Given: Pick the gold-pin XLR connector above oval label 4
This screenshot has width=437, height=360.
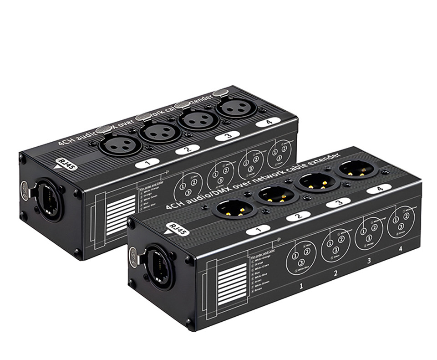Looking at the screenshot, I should tap(357, 170).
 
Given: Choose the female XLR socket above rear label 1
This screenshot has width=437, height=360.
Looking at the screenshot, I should tap(115, 145).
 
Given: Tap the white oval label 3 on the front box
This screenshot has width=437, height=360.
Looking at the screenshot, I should tap(338, 203).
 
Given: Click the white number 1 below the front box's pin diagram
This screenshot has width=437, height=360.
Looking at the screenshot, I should tap(301, 286).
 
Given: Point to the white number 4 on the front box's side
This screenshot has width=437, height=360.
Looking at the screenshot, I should tap(401, 249).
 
